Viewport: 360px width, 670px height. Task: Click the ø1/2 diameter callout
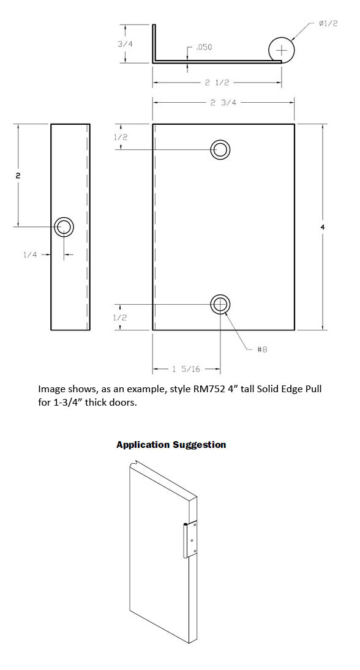pyautogui.click(x=328, y=23)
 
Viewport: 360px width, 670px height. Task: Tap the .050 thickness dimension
pyautogui.click(x=203, y=47)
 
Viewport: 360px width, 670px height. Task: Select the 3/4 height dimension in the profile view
pyautogui.click(x=125, y=43)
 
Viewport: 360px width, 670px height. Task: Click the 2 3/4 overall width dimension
pyautogui.click(x=223, y=103)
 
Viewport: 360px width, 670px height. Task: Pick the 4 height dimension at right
pyautogui.click(x=323, y=227)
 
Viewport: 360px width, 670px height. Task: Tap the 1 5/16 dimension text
pyautogui.click(x=186, y=368)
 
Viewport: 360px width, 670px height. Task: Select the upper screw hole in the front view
pyautogui.click(x=220, y=149)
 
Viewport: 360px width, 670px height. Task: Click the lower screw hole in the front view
pyautogui.click(x=220, y=304)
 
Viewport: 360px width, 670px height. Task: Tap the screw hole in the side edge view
pyautogui.click(x=64, y=227)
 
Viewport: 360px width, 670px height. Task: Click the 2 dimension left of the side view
pyautogui.click(x=18, y=175)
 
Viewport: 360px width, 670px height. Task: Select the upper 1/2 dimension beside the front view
pyautogui.click(x=120, y=137)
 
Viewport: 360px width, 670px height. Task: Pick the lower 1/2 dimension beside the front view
pyautogui.click(x=120, y=318)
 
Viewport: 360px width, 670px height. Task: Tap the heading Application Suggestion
pyautogui.click(x=171, y=445)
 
